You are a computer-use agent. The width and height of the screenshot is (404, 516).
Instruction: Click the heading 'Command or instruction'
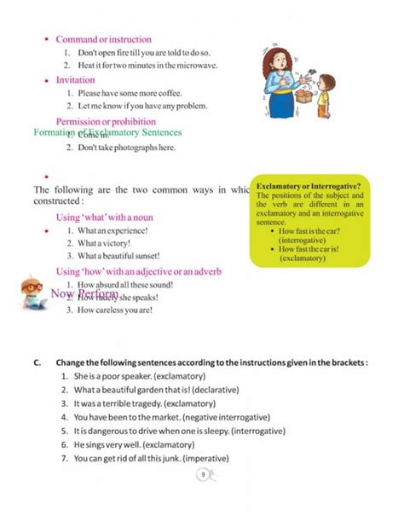pos(103,39)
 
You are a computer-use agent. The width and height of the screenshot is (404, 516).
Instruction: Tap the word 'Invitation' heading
pos(75,79)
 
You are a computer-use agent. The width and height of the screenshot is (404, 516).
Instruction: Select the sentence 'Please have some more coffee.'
pos(130,93)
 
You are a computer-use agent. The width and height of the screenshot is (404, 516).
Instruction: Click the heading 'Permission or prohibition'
pos(106,121)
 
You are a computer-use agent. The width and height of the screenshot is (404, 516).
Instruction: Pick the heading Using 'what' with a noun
pos(105,217)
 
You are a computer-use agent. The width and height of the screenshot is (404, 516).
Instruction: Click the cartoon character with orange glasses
pos(31,291)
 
